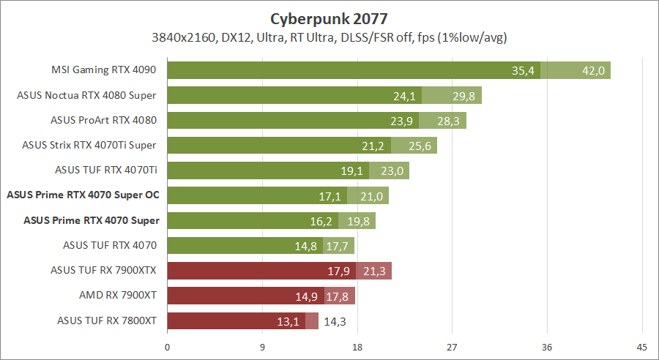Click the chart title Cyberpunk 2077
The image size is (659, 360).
(x=329, y=18)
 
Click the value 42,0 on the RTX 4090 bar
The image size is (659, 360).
(x=593, y=70)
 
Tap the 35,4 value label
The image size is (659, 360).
(x=524, y=70)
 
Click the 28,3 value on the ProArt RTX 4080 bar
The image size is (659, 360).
(x=448, y=121)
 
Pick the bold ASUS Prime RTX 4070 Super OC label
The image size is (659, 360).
(x=83, y=195)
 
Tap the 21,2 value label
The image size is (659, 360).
(x=373, y=146)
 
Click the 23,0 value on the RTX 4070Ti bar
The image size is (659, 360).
(x=392, y=170)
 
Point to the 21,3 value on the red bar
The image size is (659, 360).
(x=375, y=271)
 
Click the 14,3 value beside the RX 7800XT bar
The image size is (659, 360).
(x=335, y=320)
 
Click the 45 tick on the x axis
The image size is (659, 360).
(x=641, y=346)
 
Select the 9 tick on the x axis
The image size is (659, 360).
(x=262, y=346)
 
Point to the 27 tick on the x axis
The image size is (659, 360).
(x=452, y=346)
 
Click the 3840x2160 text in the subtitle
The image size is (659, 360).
(x=183, y=37)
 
